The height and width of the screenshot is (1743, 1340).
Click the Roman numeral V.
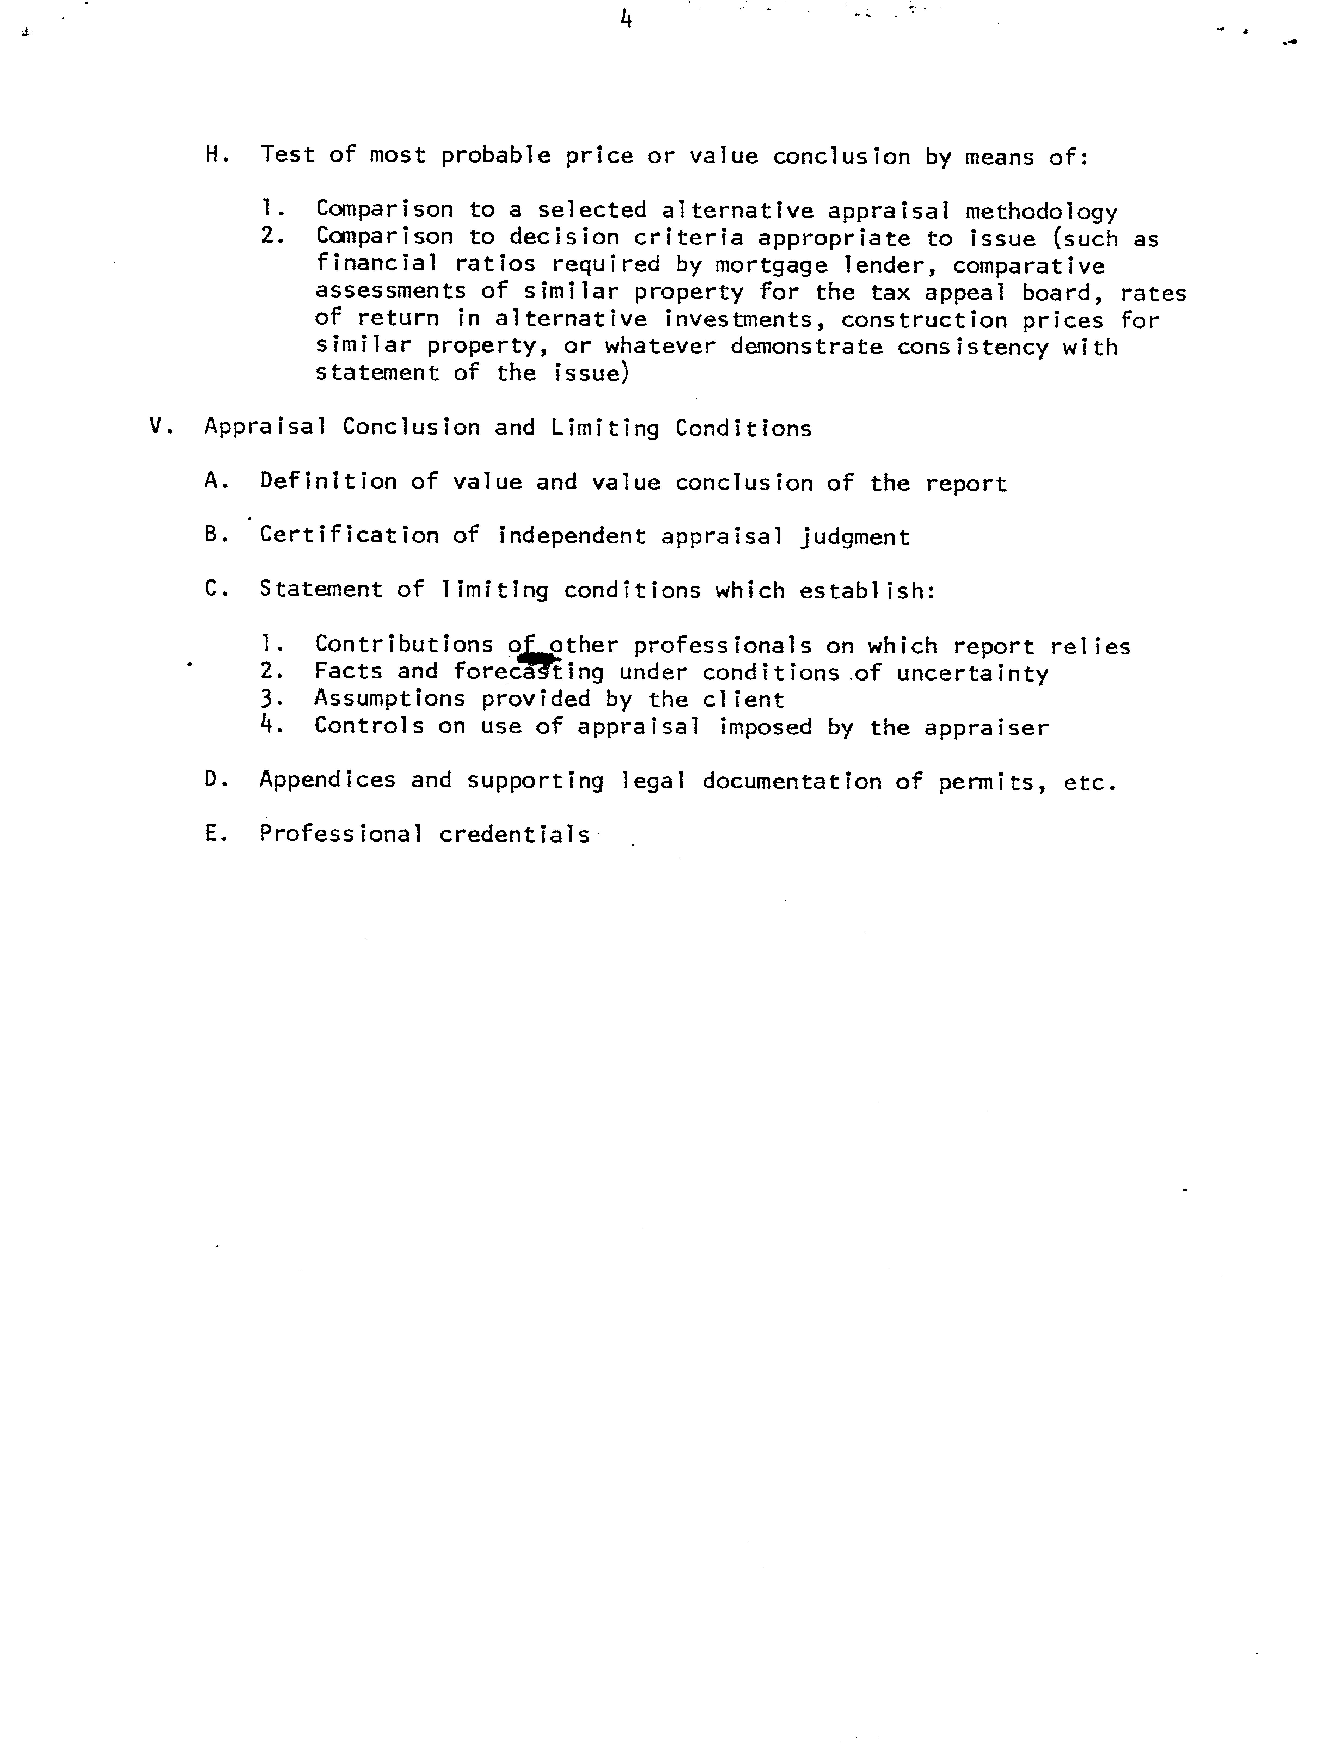click(156, 427)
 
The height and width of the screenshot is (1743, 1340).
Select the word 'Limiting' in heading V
click(605, 428)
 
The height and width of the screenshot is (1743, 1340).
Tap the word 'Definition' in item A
click(328, 482)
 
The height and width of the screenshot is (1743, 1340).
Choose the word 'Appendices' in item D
click(327, 780)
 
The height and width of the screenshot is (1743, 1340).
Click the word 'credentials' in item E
click(515, 834)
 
